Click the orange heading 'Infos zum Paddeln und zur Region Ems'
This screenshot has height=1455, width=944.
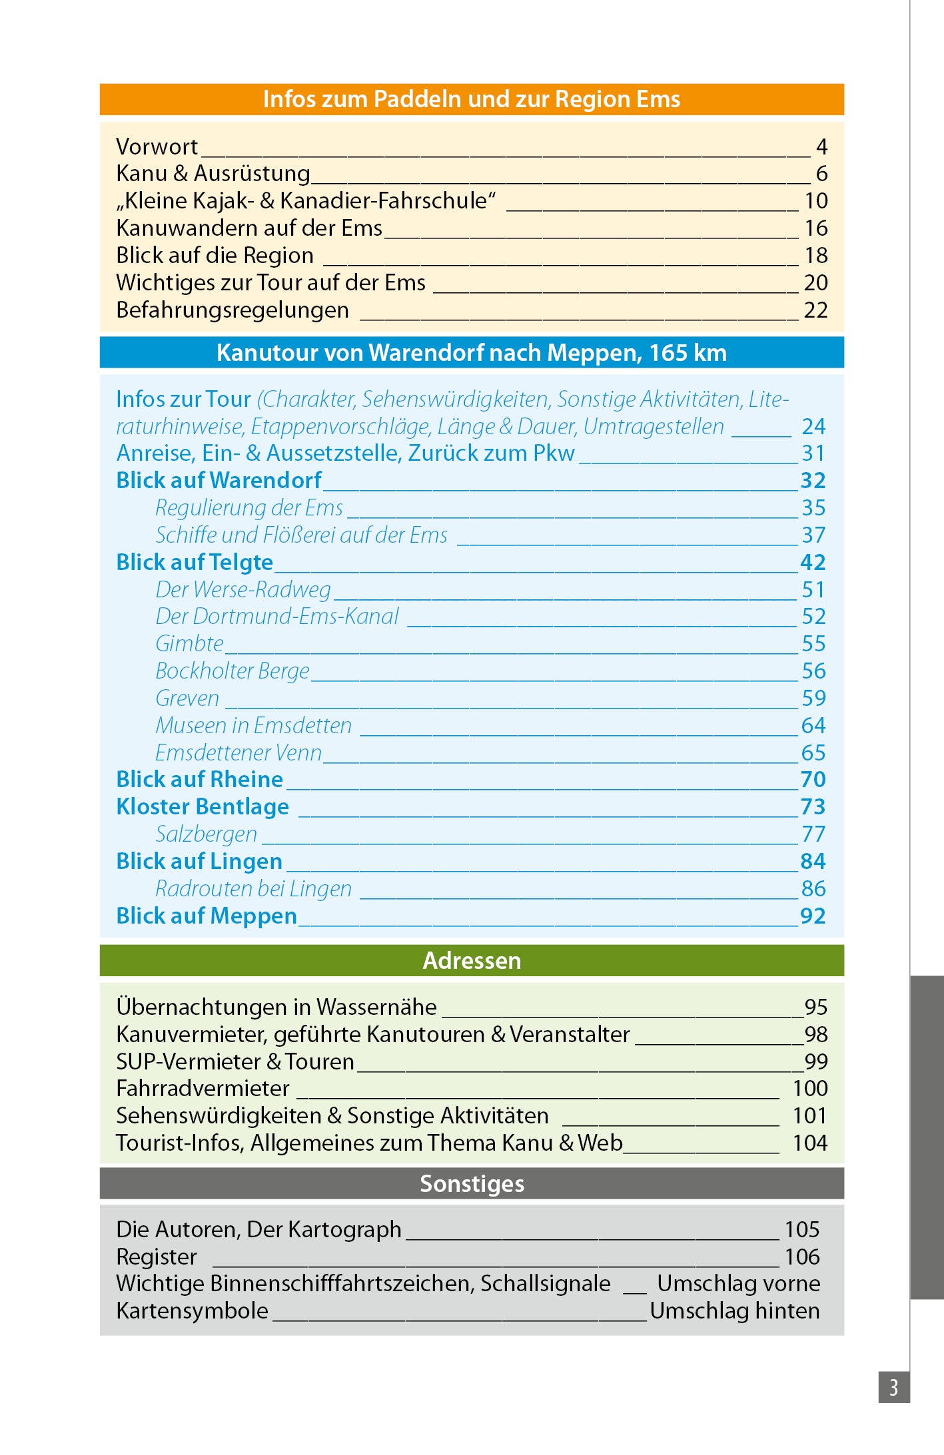[471, 99]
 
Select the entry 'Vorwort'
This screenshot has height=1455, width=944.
[157, 146]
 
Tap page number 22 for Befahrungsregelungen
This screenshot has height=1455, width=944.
[815, 310]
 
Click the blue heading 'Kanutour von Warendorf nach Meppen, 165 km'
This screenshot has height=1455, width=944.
[471, 353]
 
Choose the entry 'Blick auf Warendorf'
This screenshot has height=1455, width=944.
[219, 481]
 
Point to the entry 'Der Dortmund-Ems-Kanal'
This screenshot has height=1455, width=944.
[276, 617]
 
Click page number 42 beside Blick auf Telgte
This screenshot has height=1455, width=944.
[813, 563]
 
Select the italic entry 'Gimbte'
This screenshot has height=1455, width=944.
[189, 644]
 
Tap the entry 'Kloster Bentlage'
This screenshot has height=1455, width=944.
[203, 807]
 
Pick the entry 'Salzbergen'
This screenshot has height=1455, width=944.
[206, 834]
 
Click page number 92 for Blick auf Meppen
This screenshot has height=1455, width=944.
[813, 916]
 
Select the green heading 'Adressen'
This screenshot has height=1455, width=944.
[471, 961]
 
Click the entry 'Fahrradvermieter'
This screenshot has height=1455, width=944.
[203, 1089]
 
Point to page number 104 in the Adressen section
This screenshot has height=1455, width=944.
[809, 1143]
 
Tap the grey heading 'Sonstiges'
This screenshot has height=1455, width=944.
[471, 1184]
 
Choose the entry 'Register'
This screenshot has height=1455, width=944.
[157, 1257]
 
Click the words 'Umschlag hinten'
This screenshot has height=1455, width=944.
[734, 1311]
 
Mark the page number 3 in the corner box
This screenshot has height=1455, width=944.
[893, 1387]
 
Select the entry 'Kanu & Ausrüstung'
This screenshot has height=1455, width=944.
[213, 174]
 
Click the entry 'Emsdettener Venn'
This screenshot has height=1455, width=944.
[238, 753]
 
